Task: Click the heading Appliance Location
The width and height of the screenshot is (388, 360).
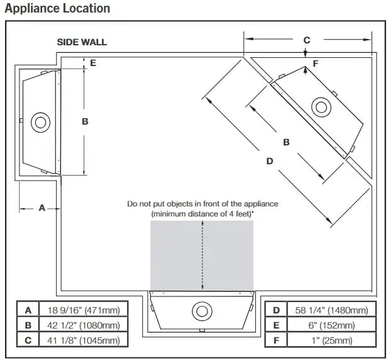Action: coord(57,8)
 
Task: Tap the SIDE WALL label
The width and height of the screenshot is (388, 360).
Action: coord(82,42)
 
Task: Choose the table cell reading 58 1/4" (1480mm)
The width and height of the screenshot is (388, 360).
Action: coord(327,310)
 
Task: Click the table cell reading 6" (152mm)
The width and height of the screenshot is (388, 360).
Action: coord(327,325)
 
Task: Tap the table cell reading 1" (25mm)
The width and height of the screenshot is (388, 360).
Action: coord(327,340)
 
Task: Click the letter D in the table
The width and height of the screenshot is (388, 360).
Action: coord(275,310)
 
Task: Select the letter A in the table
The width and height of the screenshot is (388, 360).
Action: coord(28,310)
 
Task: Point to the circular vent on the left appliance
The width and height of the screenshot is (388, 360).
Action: coord(41,122)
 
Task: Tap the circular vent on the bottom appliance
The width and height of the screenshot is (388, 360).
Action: coord(202,311)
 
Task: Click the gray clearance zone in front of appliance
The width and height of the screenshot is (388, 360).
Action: coord(201,255)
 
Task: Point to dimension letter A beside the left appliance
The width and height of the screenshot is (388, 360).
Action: coord(42,207)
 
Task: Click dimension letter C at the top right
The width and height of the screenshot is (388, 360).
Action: coord(306,40)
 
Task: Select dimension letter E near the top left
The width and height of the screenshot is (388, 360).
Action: coord(93,62)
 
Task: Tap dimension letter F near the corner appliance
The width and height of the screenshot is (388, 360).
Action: coord(315,63)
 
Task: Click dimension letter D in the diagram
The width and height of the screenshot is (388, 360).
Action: coord(270,161)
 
